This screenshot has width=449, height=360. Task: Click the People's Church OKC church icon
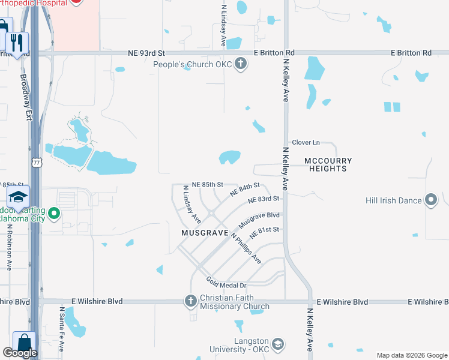(x=241, y=64)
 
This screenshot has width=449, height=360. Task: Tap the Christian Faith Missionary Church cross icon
(x=191, y=301)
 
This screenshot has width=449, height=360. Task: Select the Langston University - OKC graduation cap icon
(x=277, y=344)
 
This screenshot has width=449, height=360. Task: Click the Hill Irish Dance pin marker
(x=431, y=200)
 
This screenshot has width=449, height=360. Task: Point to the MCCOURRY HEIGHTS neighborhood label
(x=328, y=164)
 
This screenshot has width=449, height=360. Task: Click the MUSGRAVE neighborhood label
(x=205, y=232)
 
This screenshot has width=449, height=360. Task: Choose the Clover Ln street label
(x=306, y=143)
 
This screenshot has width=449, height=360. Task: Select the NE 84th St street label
(x=245, y=190)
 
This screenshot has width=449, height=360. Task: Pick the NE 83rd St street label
(x=264, y=199)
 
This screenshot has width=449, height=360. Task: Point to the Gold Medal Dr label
(x=226, y=281)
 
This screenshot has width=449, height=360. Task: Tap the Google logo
(x=20, y=353)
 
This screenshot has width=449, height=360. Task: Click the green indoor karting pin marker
(x=54, y=213)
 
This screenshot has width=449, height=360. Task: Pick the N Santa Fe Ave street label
(x=62, y=329)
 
